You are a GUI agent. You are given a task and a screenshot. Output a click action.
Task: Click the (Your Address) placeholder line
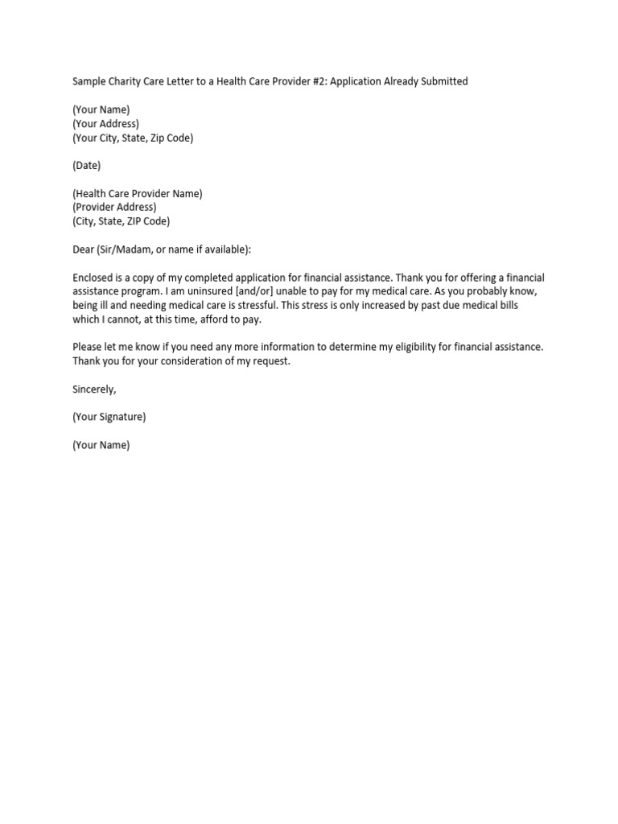point(105,124)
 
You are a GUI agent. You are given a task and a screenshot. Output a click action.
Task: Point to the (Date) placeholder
point(87,166)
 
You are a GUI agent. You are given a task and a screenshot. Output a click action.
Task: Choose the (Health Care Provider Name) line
point(138,194)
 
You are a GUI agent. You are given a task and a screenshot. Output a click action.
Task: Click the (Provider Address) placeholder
point(114,208)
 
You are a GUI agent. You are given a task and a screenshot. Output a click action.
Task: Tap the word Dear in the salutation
point(83,249)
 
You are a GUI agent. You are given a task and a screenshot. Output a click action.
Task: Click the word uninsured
point(211,291)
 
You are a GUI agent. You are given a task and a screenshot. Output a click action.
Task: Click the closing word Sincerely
point(94,389)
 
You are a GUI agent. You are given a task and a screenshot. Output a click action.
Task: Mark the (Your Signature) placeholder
point(109,417)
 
